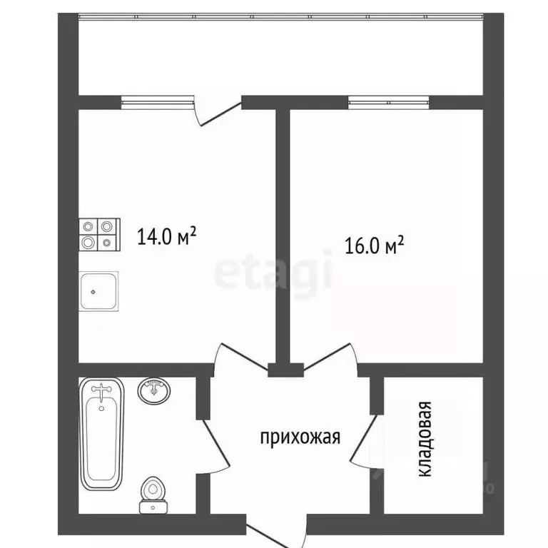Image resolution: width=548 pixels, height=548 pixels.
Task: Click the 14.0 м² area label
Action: pos(167,235)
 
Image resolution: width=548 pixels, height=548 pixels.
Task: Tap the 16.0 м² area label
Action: pos(375,247)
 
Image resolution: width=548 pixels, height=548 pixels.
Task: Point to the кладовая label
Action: pos(425,440)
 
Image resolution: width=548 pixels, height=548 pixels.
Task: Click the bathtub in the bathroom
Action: pos(101,435)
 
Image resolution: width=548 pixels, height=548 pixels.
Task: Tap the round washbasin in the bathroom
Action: pos(154,391)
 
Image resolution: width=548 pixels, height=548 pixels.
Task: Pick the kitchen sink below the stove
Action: pos(98,291)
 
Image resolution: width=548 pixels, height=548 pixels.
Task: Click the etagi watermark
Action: pos(274,273)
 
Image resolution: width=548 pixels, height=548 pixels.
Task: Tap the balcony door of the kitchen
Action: pos(220,112)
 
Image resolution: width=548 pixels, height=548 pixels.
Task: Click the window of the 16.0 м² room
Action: pos(389,103)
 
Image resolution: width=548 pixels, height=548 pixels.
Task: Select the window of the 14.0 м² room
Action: pos(157,103)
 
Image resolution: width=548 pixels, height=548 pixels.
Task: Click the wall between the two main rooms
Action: pos(283,235)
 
